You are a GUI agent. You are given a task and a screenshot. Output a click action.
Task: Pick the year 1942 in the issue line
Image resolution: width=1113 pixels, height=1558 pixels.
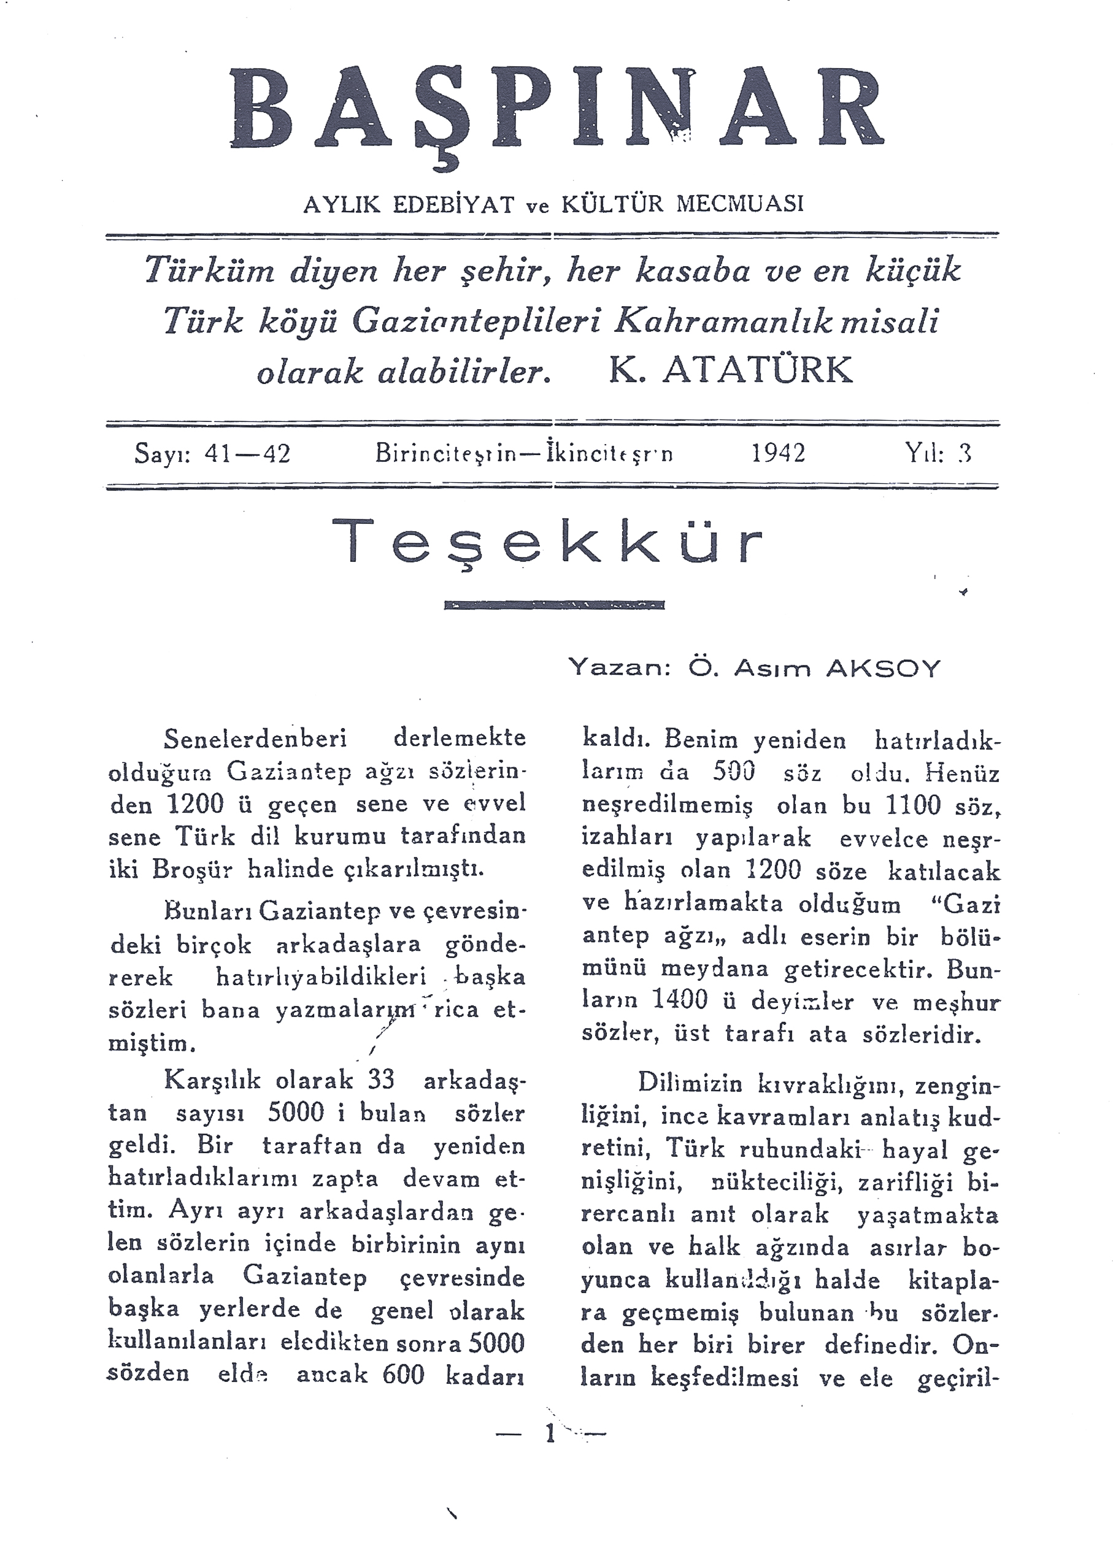[x=778, y=453]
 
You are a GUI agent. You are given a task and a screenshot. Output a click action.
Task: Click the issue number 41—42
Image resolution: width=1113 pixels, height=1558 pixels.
[x=248, y=453]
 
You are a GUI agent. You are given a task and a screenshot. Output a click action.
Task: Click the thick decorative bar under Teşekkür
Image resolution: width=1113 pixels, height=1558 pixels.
[x=554, y=605]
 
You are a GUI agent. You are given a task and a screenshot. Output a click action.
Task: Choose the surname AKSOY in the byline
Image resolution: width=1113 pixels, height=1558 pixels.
[x=884, y=669]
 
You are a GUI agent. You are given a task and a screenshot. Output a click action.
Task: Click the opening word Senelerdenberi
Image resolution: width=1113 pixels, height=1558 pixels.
[x=256, y=739]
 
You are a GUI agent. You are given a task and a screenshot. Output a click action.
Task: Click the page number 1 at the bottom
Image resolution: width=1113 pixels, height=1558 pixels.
[x=549, y=1432]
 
